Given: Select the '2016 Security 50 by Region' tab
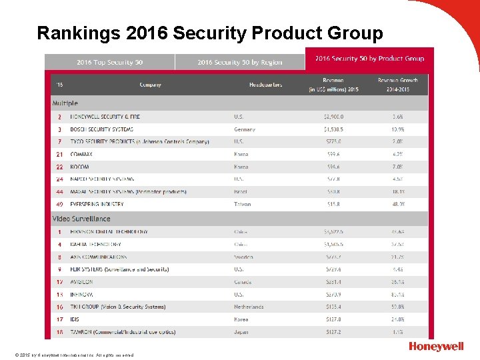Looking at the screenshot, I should click(x=239, y=62).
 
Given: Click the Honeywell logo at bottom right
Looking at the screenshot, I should click(x=437, y=347).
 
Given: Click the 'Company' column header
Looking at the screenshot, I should click(x=150, y=85).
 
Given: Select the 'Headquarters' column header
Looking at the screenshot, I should click(x=265, y=85).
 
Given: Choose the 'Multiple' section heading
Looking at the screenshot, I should click(x=65, y=103).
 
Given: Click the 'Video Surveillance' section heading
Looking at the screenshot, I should click(x=81, y=219).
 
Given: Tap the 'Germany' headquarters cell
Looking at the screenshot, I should click(x=245, y=129).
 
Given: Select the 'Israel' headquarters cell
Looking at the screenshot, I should click(x=241, y=192).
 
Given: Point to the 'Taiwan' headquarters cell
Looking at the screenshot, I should click(x=243, y=204).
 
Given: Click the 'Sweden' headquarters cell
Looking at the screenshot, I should click(x=243, y=257).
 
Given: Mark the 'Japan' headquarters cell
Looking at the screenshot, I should click(x=241, y=332).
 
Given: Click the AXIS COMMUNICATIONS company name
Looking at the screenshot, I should click(x=98, y=257).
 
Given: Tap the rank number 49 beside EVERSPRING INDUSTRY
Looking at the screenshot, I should click(x=59, y=204).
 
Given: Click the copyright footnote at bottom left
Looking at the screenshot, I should click(x=70, y=355).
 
